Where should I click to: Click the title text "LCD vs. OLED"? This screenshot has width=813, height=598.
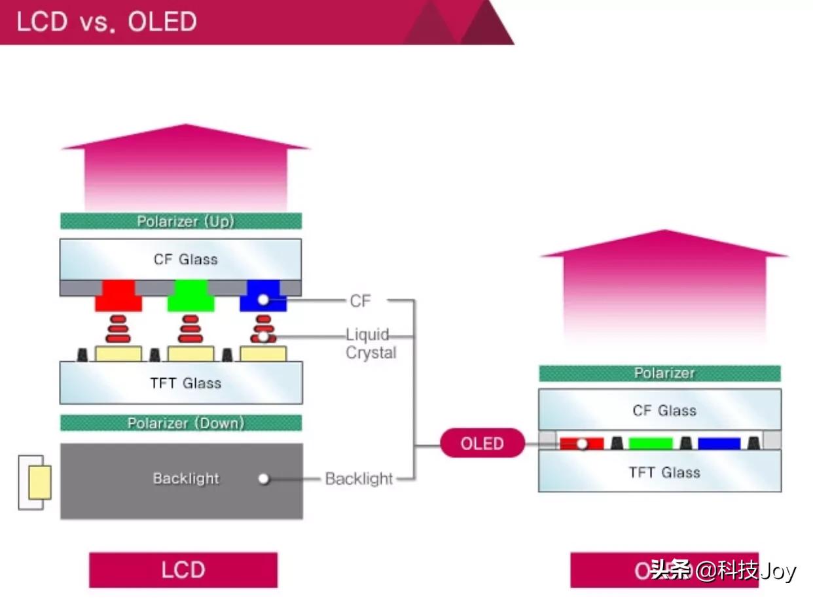107,22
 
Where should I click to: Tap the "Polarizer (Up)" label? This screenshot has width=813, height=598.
185,221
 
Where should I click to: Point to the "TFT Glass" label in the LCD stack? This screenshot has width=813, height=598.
185,383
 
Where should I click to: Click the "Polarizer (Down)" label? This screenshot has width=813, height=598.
185,423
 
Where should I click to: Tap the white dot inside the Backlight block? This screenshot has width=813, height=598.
264,479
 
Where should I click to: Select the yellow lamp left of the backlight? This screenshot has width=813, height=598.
39,483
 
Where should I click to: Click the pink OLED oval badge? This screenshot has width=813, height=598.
482,444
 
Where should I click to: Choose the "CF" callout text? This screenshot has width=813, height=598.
360,301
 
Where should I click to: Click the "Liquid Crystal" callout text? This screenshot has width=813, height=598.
370,344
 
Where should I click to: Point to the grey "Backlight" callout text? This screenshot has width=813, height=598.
359,479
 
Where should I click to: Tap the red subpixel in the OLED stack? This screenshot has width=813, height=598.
581,444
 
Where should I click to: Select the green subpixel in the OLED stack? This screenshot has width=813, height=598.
651,444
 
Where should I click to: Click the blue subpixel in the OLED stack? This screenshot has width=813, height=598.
719,444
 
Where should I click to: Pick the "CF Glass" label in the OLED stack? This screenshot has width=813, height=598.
664,411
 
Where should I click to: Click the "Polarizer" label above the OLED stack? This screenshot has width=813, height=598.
664,373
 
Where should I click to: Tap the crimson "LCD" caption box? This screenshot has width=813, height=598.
183,570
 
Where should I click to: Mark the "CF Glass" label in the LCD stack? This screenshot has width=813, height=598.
185,259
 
